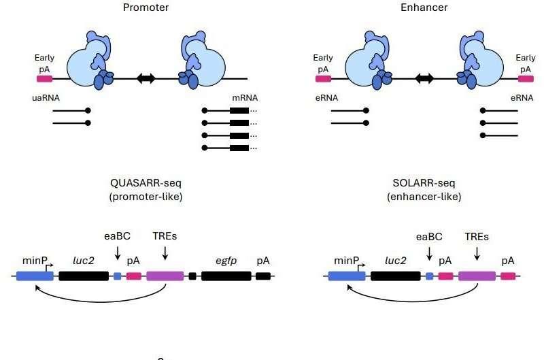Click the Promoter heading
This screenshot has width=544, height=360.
point(146,7)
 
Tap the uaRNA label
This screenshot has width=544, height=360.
point(46,97)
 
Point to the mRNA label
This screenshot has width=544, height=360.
point(243,97)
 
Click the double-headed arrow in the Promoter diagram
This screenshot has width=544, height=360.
point(146,78)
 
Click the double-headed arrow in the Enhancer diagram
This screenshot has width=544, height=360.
point(426,78)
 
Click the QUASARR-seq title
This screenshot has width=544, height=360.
point(146,183)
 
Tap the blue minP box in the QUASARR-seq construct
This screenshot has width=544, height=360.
point(35,276)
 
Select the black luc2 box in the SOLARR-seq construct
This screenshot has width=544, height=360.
point(395,276)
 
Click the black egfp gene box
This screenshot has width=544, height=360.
point(226,276)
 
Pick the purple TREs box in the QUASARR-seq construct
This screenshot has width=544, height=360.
point(165,276)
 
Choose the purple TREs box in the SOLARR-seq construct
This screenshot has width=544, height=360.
point(477,276)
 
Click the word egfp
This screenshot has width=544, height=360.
point(226,260)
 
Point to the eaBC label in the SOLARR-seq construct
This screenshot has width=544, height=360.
point(428,237)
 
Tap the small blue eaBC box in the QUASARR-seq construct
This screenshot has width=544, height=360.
point(117,276)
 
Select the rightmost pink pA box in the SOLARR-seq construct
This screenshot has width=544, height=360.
point(508,276)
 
